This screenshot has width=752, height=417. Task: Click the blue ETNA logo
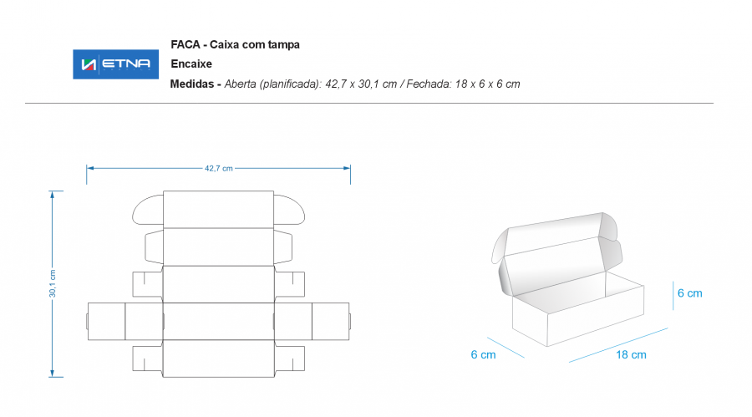coord(115,64)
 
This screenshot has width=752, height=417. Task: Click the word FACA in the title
coord(185,44)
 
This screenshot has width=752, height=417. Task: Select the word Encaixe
coord(191,64)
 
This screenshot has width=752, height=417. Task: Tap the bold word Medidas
coord(192,84)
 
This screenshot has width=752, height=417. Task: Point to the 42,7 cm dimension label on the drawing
coord(219,169)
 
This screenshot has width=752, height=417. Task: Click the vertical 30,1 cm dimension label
coord(53,283)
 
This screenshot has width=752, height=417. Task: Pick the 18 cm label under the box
coord(631,354)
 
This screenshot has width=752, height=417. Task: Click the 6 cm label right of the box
coord(689,293)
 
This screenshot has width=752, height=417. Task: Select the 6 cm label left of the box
coord(483,354)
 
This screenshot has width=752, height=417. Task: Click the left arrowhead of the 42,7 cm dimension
coord(90,169)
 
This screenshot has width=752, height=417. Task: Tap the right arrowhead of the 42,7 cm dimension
coord(347,169)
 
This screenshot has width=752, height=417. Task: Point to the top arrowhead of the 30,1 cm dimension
coord(53,195)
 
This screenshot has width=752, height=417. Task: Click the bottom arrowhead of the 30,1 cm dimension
coord(53,374)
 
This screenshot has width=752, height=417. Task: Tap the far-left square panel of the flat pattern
coord(106,322)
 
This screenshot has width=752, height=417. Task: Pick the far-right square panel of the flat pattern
coord(330,322)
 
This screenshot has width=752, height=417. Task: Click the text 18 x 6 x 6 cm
coord(487,84)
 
